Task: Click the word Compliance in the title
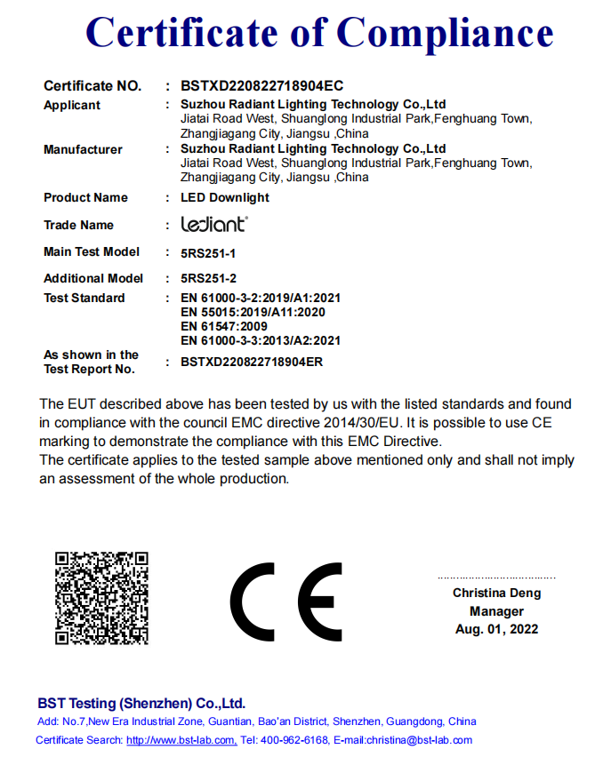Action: (x=445, y=33)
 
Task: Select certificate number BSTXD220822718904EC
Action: (x=261, y=86)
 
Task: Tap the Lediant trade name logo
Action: (x=214, y=225)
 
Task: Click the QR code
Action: (x=101, y=597)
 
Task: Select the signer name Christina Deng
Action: (x=496, y=593)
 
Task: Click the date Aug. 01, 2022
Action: (x=496, y=629)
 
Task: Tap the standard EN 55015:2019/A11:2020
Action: (x=253, y=312)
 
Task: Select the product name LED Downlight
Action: (x=224, y=197)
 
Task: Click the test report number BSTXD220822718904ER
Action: (x=251, y=362)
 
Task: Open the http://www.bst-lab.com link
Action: (x=181, y=740)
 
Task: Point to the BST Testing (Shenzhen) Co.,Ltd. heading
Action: (x=141, y=703)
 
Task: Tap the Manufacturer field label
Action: (x=83, y=149)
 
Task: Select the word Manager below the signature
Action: (x=496, y=611)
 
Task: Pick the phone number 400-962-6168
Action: (x=293, y=740)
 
